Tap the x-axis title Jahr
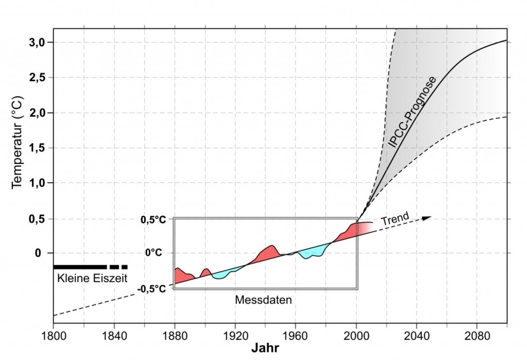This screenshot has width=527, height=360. coord(265,348)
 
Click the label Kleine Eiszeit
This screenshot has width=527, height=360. coord(90,279)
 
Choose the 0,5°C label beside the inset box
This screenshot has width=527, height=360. coord(153,220)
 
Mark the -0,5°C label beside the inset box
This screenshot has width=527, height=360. coord(152,289)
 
